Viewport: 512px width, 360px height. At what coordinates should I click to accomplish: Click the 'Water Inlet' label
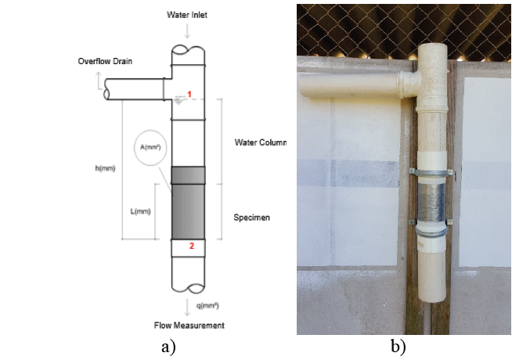coord(188,15)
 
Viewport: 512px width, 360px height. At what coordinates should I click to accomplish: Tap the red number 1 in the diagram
coord(189,94)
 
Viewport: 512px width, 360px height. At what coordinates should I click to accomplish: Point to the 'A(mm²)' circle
coord(150,146)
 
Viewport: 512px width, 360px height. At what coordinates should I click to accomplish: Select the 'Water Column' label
coord(261,143)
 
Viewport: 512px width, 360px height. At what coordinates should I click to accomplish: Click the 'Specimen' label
coord(252,218)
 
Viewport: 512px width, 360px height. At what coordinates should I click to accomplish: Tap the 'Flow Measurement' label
coord(188,325)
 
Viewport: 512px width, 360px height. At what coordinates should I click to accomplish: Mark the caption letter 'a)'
coord(168,346)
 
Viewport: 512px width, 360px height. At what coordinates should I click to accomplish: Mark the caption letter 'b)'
coord(398,346)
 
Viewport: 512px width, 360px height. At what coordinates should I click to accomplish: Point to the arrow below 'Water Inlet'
coord(188,32)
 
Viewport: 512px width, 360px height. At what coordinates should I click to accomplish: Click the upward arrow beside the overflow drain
coord(99,78)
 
